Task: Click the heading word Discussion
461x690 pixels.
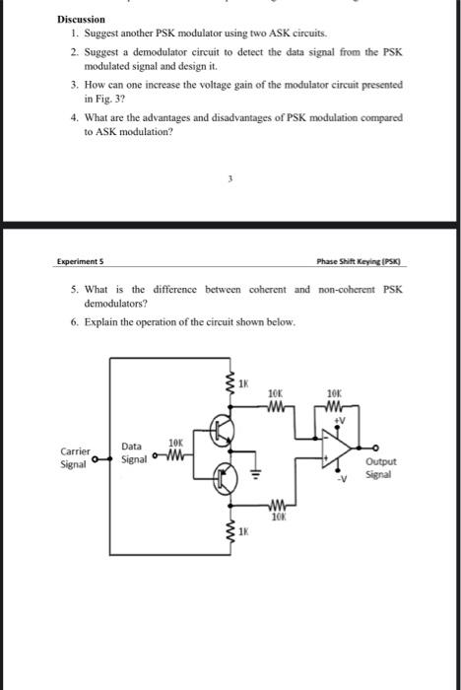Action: [80, 19]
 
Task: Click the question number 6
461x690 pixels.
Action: [74, 321]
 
